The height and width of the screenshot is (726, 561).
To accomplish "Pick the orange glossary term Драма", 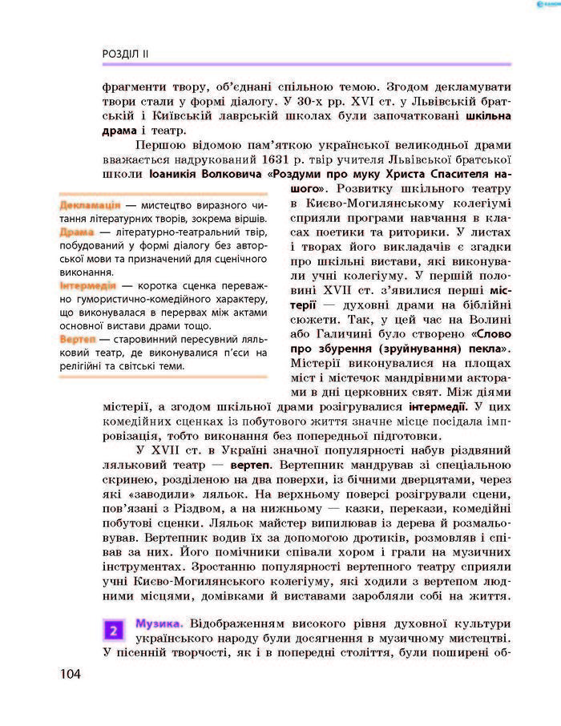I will point(77,232).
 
